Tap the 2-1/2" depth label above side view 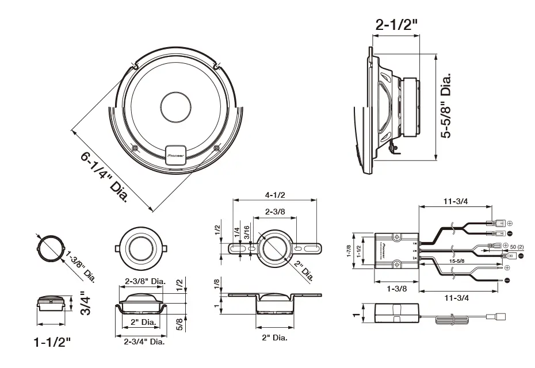click(396, 24)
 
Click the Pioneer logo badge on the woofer click(175, 154)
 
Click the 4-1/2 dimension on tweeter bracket click(276, 194)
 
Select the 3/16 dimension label click(246, 233)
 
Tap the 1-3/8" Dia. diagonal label click(81, 265)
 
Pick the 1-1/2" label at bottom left click(53, 343)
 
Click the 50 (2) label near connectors click(517, 247)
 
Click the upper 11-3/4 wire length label click(456, 201)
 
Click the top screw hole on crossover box click(396, 236)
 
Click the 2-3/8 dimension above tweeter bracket click(274, 212)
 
